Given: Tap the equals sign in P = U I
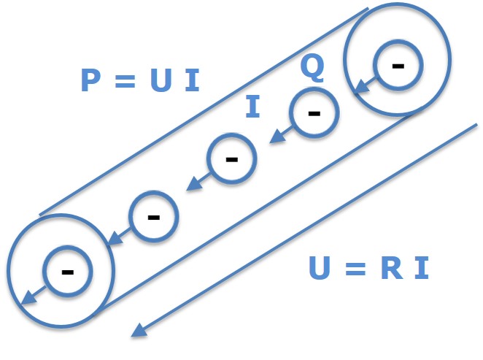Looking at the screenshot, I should click(125, 80).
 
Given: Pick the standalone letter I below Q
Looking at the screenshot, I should click(252, 107).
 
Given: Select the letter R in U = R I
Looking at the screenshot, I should click(389, 268).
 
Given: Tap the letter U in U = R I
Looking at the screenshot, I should click(320, 268).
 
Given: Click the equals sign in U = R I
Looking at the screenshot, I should click(355, 269).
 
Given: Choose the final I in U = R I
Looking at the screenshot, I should click(420, 268).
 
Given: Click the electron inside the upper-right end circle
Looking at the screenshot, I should click(397, 65).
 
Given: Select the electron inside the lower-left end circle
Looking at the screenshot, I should click(67, 271).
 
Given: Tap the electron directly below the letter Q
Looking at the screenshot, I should click(314, 113).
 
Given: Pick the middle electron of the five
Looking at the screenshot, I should click(232, 158).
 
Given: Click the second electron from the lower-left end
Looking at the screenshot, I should click(153, 216).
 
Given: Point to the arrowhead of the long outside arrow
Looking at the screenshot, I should click(138, 332).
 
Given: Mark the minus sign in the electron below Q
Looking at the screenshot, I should click(314, 114).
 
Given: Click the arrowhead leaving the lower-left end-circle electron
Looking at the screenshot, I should click(26, 299).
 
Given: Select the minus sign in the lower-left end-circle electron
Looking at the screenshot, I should click(67, 272).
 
